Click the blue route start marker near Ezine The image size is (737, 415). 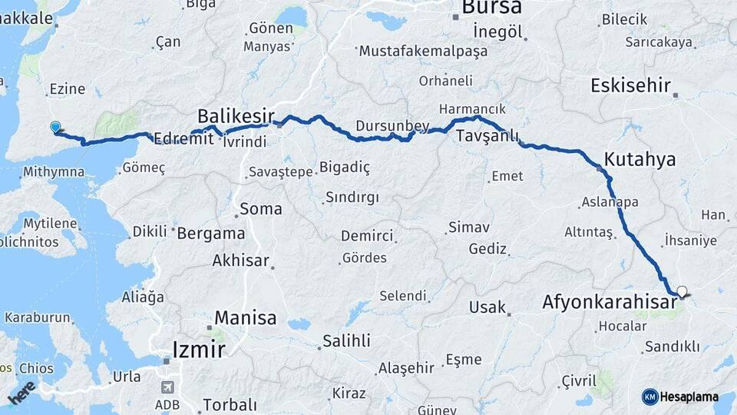pyautogui.click(x=55, y=127)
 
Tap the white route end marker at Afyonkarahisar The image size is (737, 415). pyautogui.click(x=681, y=291)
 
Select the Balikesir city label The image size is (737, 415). pyautogui.click(x=236, y=116)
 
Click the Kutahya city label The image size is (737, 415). pyautogui.click(x=640, y=160)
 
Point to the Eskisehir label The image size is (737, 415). pyautogui.click(x=630, y=85)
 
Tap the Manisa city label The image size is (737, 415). pyautogui.click(x=245, y=317)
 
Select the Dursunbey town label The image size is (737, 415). pyautogui.click(x=386, y=125)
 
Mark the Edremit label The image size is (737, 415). pyautogui.click(x=182, y=139)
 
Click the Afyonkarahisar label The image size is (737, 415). pyautogui.click(x=609, y=302)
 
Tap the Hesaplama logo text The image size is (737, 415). pyautogui.click(x=692, y=397)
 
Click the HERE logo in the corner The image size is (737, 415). pyautogui.click(x=21, y=392)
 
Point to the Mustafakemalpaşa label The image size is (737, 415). pyautogui.click(x=423, y=51)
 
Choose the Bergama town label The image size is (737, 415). pyautogui.click(x=211, y=234)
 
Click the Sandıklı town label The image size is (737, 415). pyautogui.click(x=672, y=347)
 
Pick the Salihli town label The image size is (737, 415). pyautogui.click(x=346, y=340)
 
